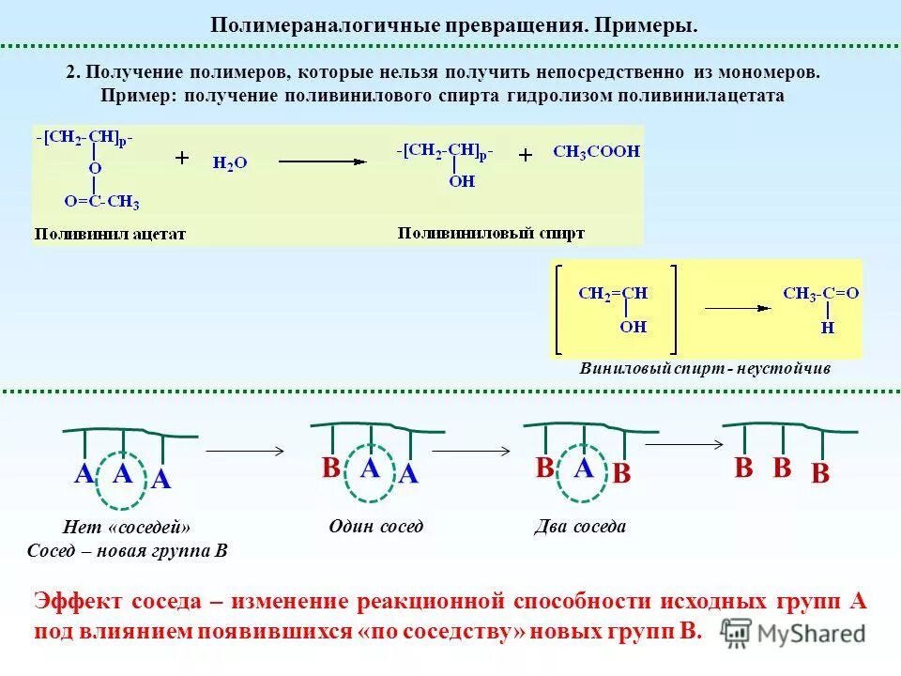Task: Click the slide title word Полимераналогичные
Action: click(x=304, y=23)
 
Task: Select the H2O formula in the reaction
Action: click(x=230, y=162)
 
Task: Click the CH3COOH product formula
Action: click(x=596, y=151)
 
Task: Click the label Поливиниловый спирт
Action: click(x=491, y=232)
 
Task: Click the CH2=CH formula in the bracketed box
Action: click(x=613, y=293)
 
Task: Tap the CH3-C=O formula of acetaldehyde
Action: click(x=820, y=293)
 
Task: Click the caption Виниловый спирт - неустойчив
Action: click(x=706, y=369)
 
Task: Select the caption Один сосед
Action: click(x=376, y=526)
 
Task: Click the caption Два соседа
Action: click(x=581, y=526)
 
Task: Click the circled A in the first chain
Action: click(x=122, y=474)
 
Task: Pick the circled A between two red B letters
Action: click(x=584, y=469)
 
